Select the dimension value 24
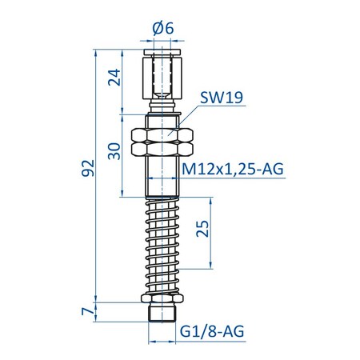click(x=113, y=78)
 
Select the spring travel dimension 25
click(x=203, y=230)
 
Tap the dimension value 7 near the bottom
click(x=88, y=310)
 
